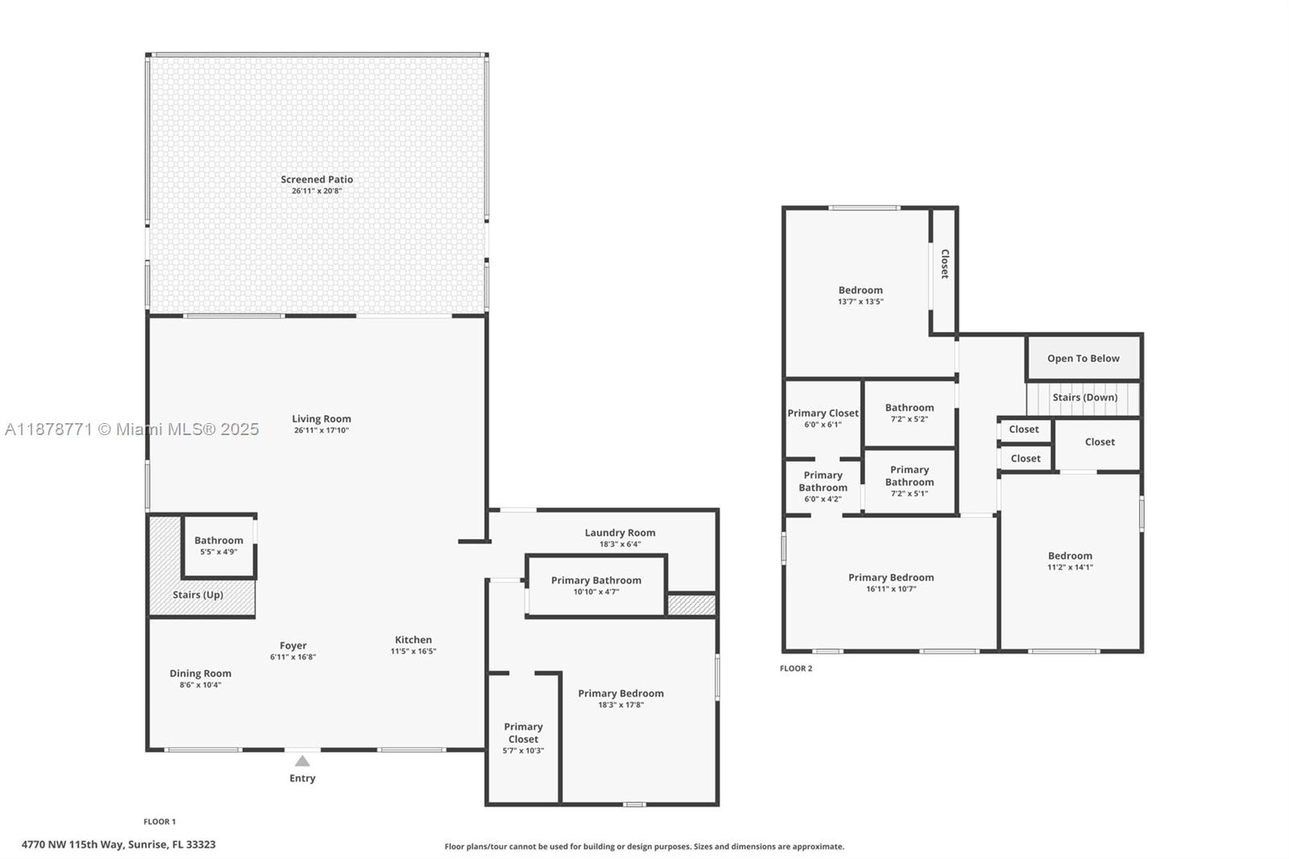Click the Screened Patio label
(317, 180)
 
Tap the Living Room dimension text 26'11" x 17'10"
(321, 430)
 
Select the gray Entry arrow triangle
(302, 761)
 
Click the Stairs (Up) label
(198, 595)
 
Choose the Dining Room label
(201, 674)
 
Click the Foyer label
(293, 646)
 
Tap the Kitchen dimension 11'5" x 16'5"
(413, 651)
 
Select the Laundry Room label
(620, 533)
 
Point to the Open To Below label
(1083, 359)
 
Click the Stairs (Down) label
(1084, 397)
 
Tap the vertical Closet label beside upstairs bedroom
(944, 264)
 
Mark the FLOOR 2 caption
(796, 669)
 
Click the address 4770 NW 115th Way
(72, 844)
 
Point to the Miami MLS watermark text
(132, 429)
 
